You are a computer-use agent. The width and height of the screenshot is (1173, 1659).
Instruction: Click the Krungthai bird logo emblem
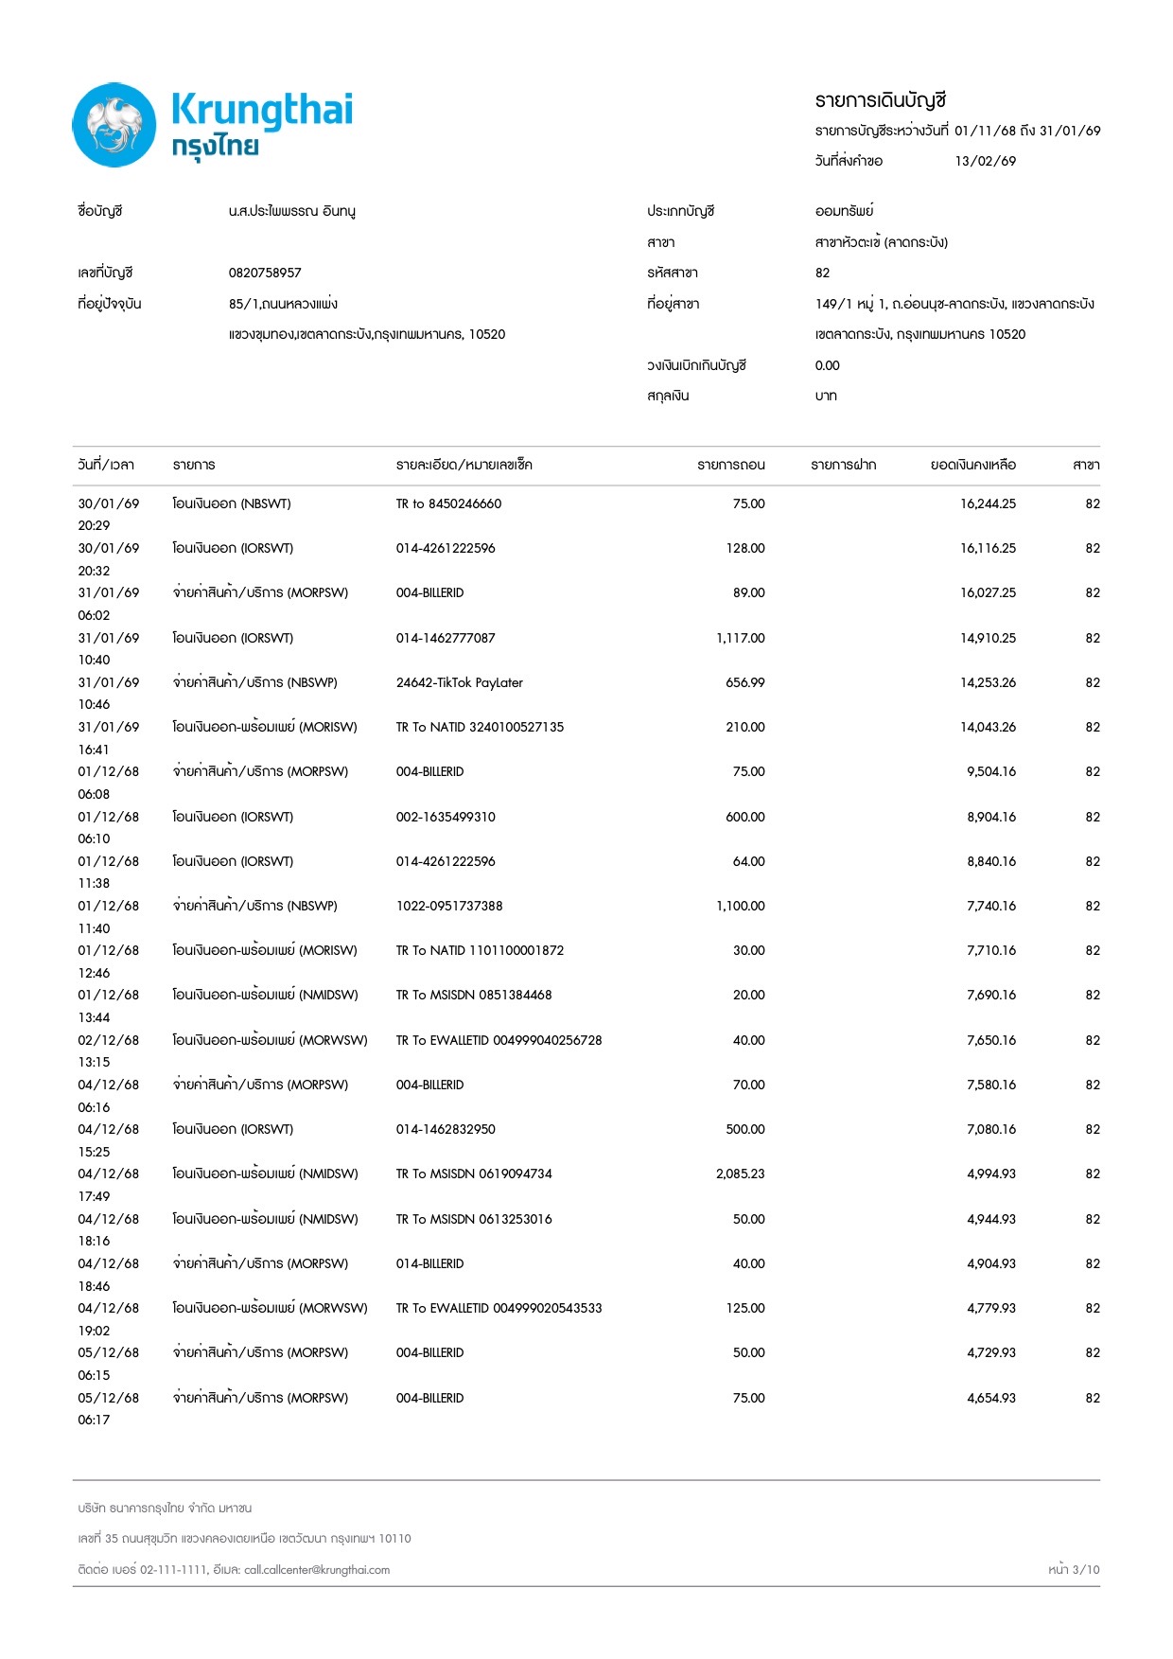point(114,125)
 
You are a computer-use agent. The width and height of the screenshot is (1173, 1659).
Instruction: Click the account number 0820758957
point(265,273)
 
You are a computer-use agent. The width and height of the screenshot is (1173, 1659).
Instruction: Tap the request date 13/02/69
point(985,161)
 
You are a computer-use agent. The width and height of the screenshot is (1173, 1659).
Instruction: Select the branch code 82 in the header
point(822,273)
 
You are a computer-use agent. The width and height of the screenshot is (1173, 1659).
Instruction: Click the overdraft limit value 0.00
point(827,365)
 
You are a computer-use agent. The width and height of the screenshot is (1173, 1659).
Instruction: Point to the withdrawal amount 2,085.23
point(740,1174)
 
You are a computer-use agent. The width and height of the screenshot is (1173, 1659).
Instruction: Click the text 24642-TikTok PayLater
point(459,682)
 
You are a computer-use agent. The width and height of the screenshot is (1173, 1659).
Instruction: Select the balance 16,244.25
point(988,503)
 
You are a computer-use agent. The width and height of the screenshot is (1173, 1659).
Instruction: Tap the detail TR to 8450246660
point(448,503)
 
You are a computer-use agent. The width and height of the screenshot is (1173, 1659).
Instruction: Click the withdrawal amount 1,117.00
point(740,638)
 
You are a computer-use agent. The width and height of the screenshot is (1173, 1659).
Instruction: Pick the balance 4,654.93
point(990,1398)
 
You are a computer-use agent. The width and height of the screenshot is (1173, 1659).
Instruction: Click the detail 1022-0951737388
point(449,906)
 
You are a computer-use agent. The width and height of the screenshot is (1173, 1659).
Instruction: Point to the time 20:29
point(94,525)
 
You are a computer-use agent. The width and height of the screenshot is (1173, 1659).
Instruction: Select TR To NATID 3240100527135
point(480,727)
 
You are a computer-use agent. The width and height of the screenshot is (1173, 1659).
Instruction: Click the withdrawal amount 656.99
point(744,682)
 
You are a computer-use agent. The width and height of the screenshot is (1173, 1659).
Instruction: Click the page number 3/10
point(1086,1569)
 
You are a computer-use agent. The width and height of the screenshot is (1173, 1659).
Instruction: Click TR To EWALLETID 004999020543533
point(499,1308)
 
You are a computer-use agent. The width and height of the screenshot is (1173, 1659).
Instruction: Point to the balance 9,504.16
point(990,771)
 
